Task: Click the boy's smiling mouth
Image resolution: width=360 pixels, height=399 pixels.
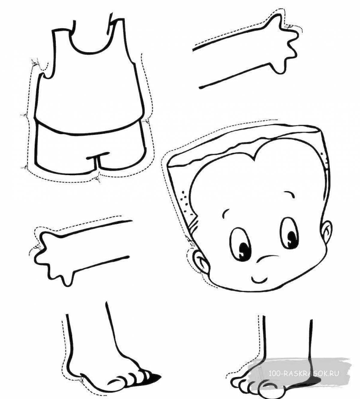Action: (259, 279)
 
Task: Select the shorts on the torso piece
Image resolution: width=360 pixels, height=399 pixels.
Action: (90, 150)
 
